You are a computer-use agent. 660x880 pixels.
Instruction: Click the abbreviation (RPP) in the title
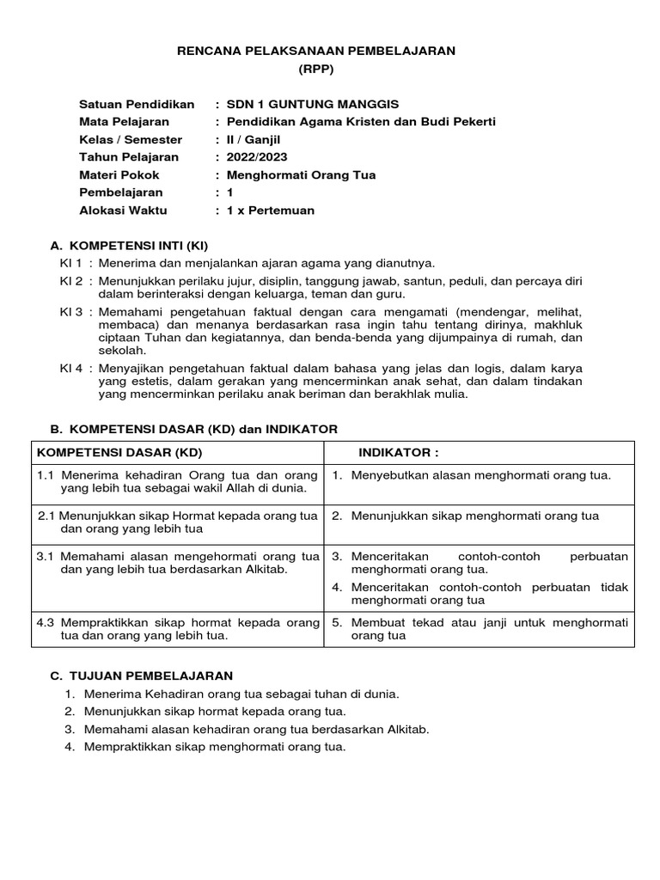pos(315,70)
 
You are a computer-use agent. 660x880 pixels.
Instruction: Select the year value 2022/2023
pos(257,157)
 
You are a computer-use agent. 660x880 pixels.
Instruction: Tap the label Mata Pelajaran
pos(124,122)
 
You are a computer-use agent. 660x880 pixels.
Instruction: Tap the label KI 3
pos(70,311)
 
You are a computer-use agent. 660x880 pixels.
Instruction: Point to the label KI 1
pos(70,263)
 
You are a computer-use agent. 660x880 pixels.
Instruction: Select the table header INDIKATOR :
pos(398,453)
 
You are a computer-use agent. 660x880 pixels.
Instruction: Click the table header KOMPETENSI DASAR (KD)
pos(119,453)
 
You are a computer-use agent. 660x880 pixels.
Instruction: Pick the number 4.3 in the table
pos(46,622)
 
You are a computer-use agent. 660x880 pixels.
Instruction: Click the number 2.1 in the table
pos(48,516)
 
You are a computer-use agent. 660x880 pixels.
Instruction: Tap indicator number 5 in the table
pos(338,622)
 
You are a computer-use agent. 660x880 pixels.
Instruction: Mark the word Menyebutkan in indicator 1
pos(388,475)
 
